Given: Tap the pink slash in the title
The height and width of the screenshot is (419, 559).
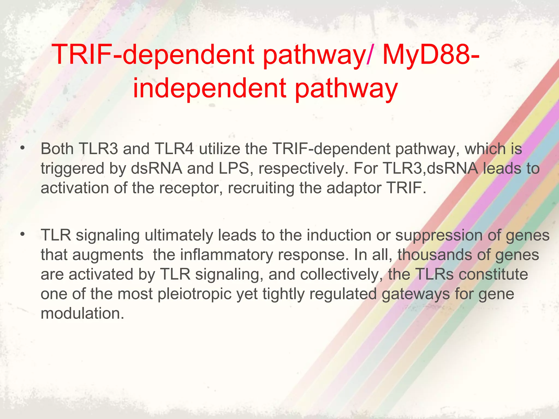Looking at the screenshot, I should pos(369,56).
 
